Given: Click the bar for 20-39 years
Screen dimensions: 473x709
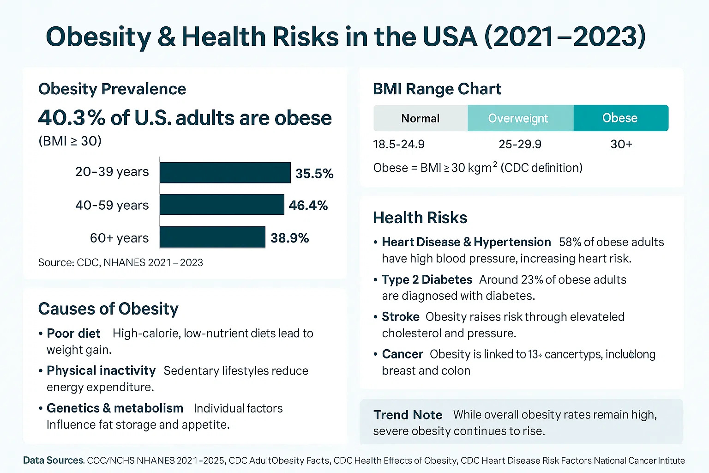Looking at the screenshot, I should point(225,172).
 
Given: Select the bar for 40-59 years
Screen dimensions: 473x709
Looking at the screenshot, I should point(222,205).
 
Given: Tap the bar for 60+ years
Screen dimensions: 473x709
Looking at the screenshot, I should point(212,237).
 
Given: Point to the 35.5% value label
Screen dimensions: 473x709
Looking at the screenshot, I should point(314,174).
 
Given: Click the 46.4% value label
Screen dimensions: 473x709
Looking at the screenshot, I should point(308,206).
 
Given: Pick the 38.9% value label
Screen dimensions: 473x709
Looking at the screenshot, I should point(289,238).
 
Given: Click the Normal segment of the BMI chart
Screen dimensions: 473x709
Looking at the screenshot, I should point(420,118).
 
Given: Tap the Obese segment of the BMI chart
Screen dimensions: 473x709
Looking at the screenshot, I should point(620,118).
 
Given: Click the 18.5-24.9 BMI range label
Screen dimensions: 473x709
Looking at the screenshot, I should point(398,145).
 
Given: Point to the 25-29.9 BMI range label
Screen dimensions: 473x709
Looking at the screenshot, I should point(520,145).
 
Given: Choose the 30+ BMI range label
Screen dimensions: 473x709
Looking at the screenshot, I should point(621,145).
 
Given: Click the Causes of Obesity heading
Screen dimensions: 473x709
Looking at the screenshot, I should point(108,309).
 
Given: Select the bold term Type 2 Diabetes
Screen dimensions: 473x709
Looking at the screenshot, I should point(427,280).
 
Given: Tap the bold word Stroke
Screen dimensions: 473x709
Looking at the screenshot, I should point(400,317).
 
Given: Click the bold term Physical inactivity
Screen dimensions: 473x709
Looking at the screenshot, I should point(101,371).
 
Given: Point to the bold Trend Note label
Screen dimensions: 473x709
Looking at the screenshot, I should point(408,415).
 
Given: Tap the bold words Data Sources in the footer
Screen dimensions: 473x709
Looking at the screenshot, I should point(53,461).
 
